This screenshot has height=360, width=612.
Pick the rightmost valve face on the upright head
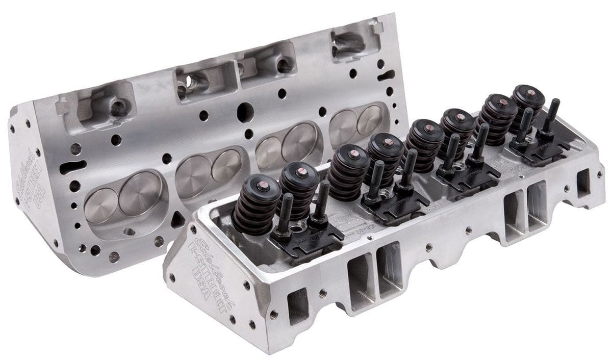(369, 119)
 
